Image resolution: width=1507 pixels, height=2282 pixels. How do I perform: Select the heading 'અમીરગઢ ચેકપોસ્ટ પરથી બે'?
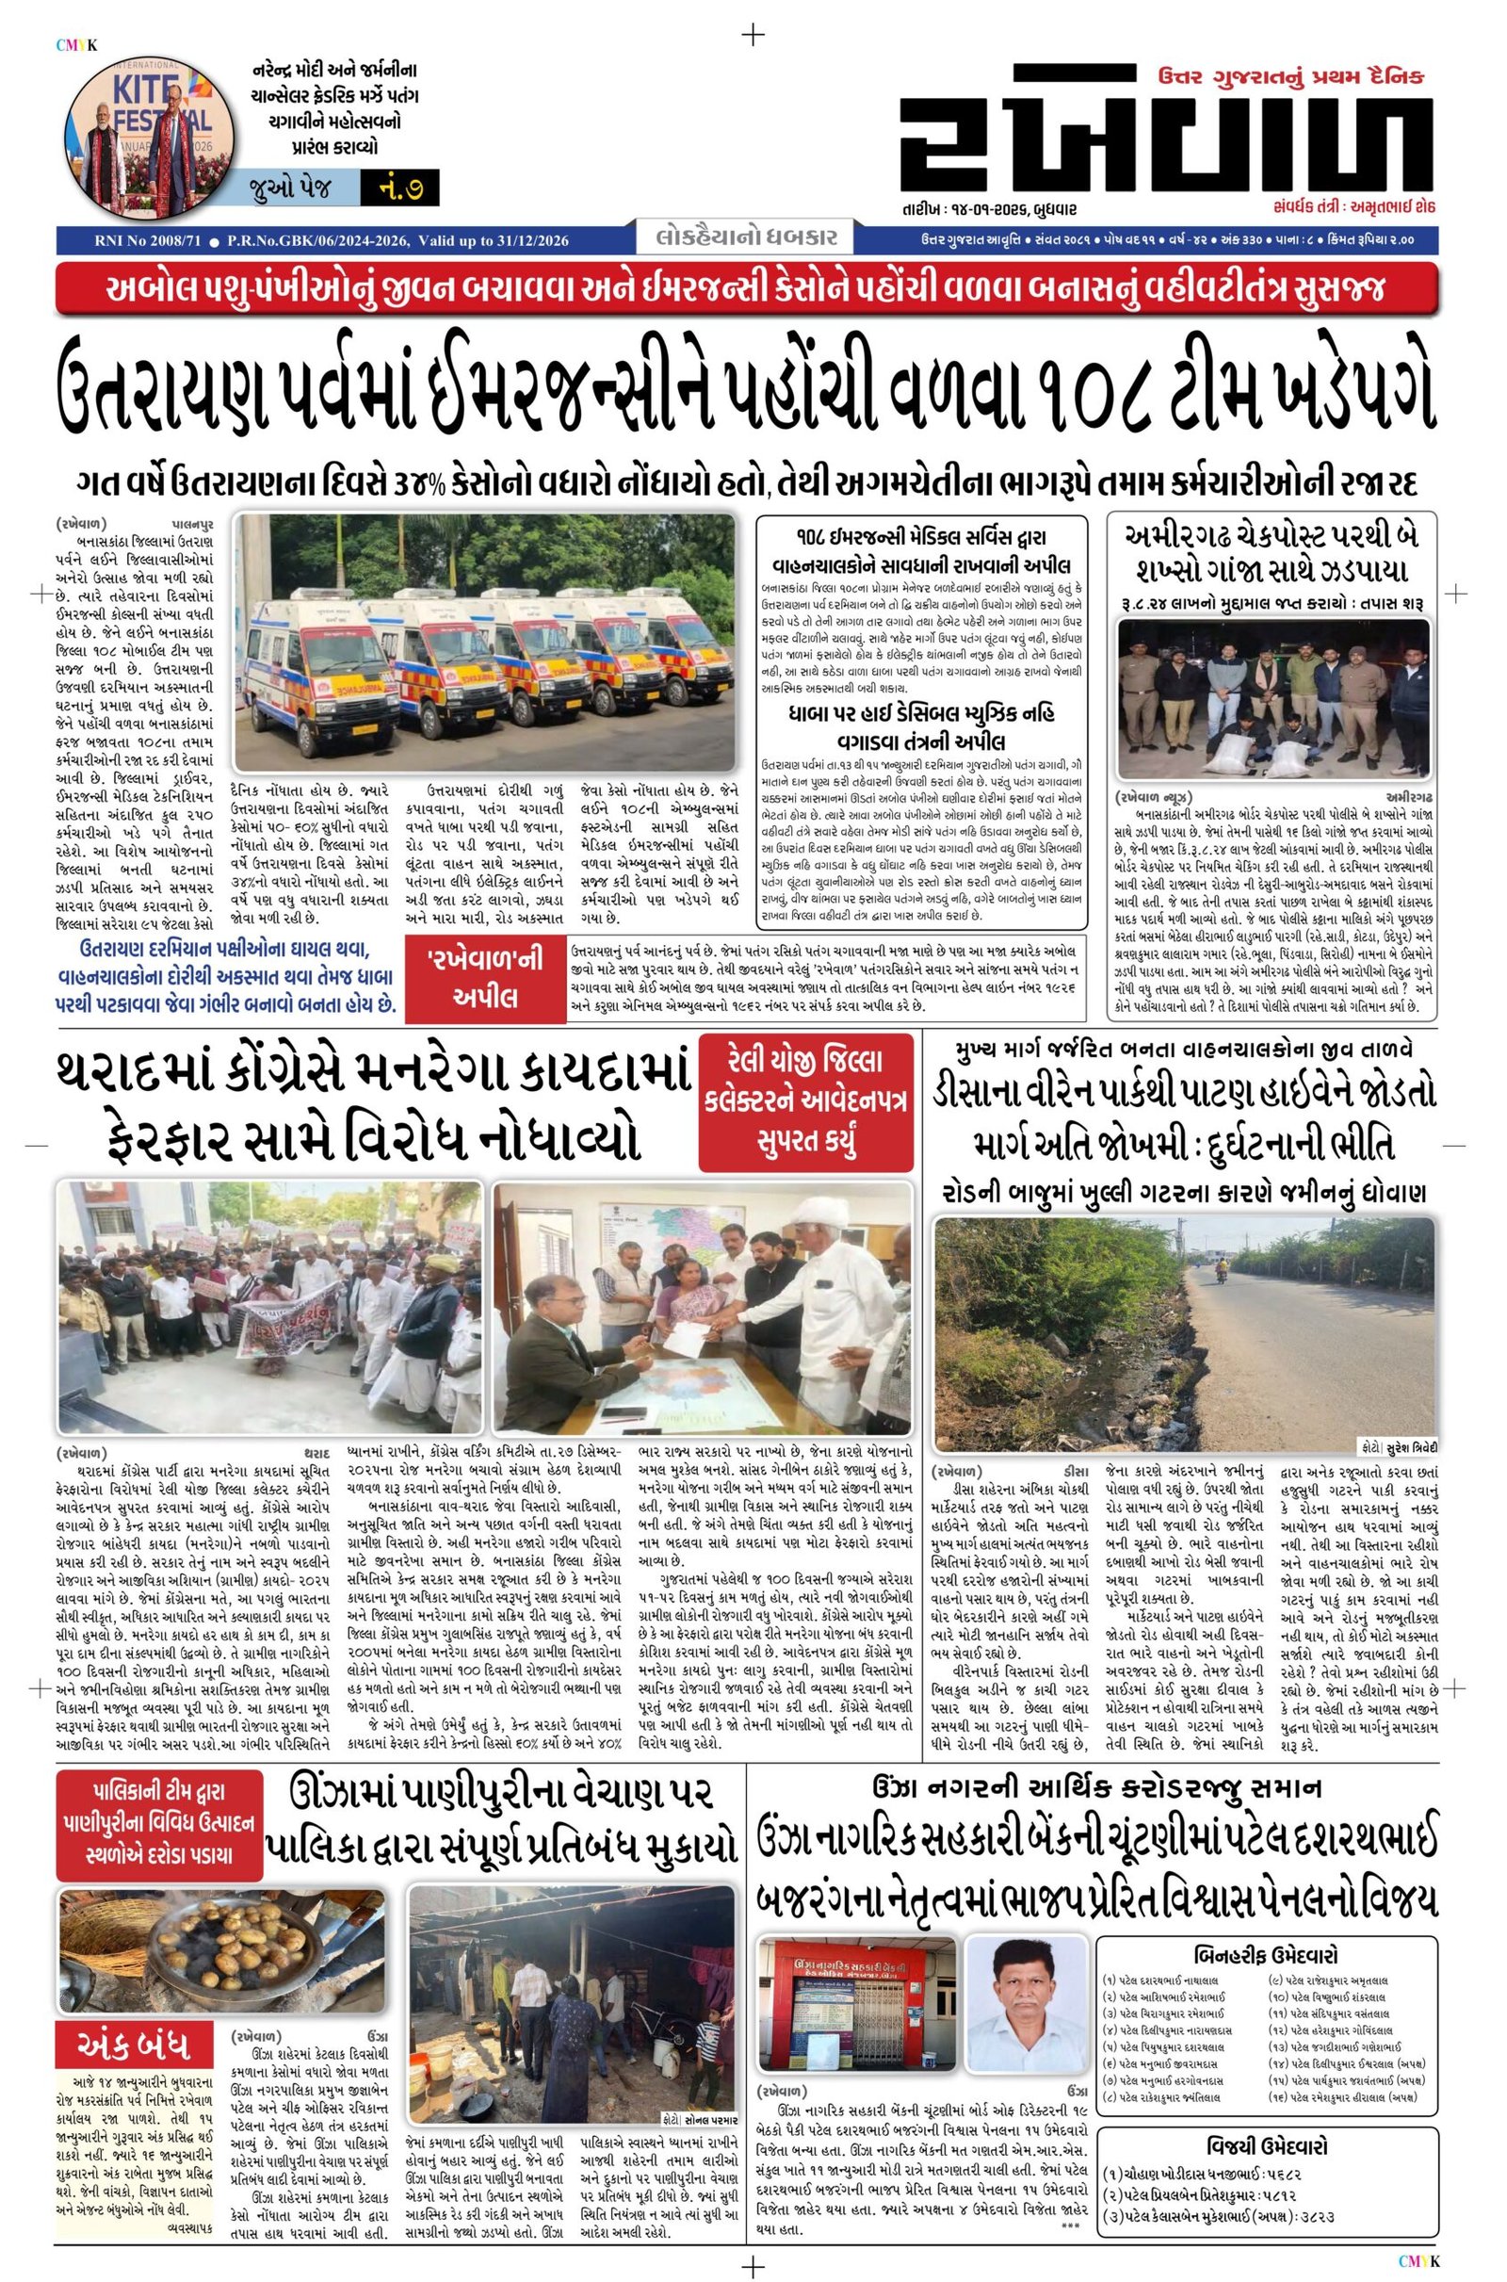1273,534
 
